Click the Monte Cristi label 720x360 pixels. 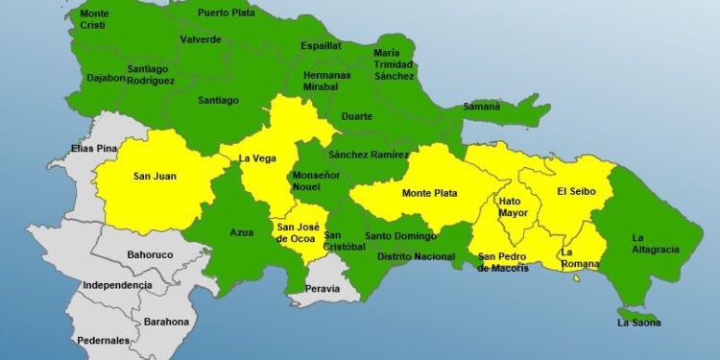pyautogui.click(x=94, y=19)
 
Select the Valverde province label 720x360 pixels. pyautogui.click(x=201, y=39)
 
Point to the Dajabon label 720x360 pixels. pyautogui.click(x=107, y=77)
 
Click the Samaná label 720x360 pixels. pyautogui.click(x=481, y=107)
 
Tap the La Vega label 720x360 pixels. pyautogui.click(x=257, y=158)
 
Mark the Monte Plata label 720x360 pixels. pyautogui.click(x=429, y=193)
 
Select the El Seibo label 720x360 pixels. pyautogui.click(x=577, y=192)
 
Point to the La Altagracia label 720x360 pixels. pyautogui.click(x=656, y=243)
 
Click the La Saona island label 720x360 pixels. pyautogui.click(x=638, y=324)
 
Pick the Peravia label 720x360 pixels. pyautogui.click(x=322, y=288)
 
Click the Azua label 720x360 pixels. pyautogui.click(x=242, y=232)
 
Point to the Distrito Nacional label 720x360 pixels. pyautogui.click(x=416, y=256)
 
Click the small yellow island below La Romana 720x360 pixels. pyautogui.click(x=577, y=278)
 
